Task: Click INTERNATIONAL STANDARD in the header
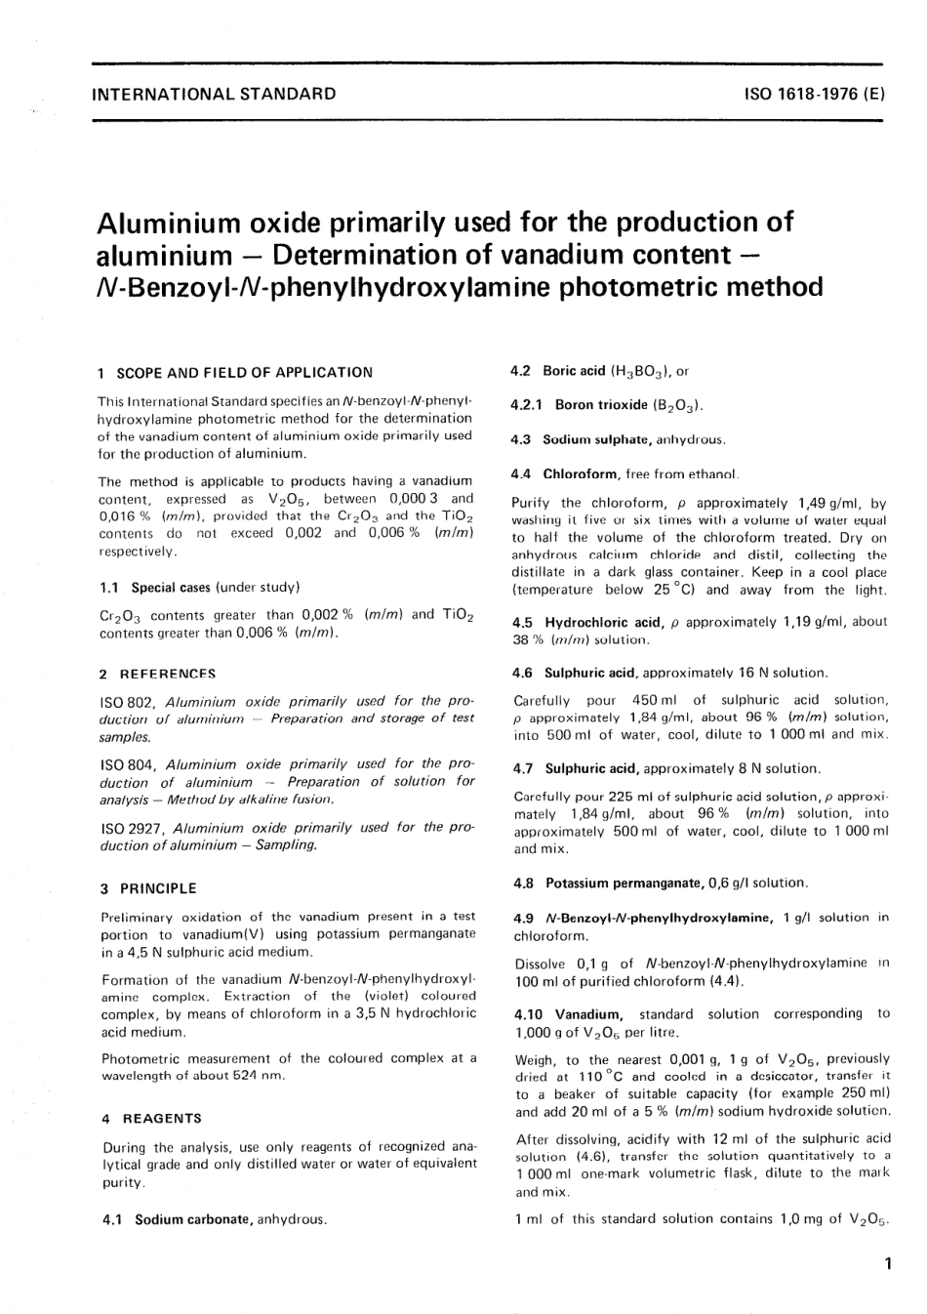[x=212, y=95]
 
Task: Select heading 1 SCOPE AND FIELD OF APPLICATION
[x=235, y=372]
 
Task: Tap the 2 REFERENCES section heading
[x=158, y=674]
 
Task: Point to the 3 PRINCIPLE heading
[x=148, y=888]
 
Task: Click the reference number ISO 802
[x=129, y=701]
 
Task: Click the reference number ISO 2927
[x=133, y=827]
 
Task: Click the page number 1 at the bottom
[x=886, y=1263]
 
